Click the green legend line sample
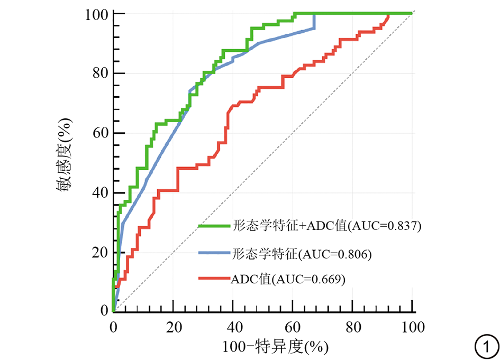click(x=213, y=226)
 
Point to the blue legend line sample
click(x=213, y=254)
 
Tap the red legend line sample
click(x=213, y=278)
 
